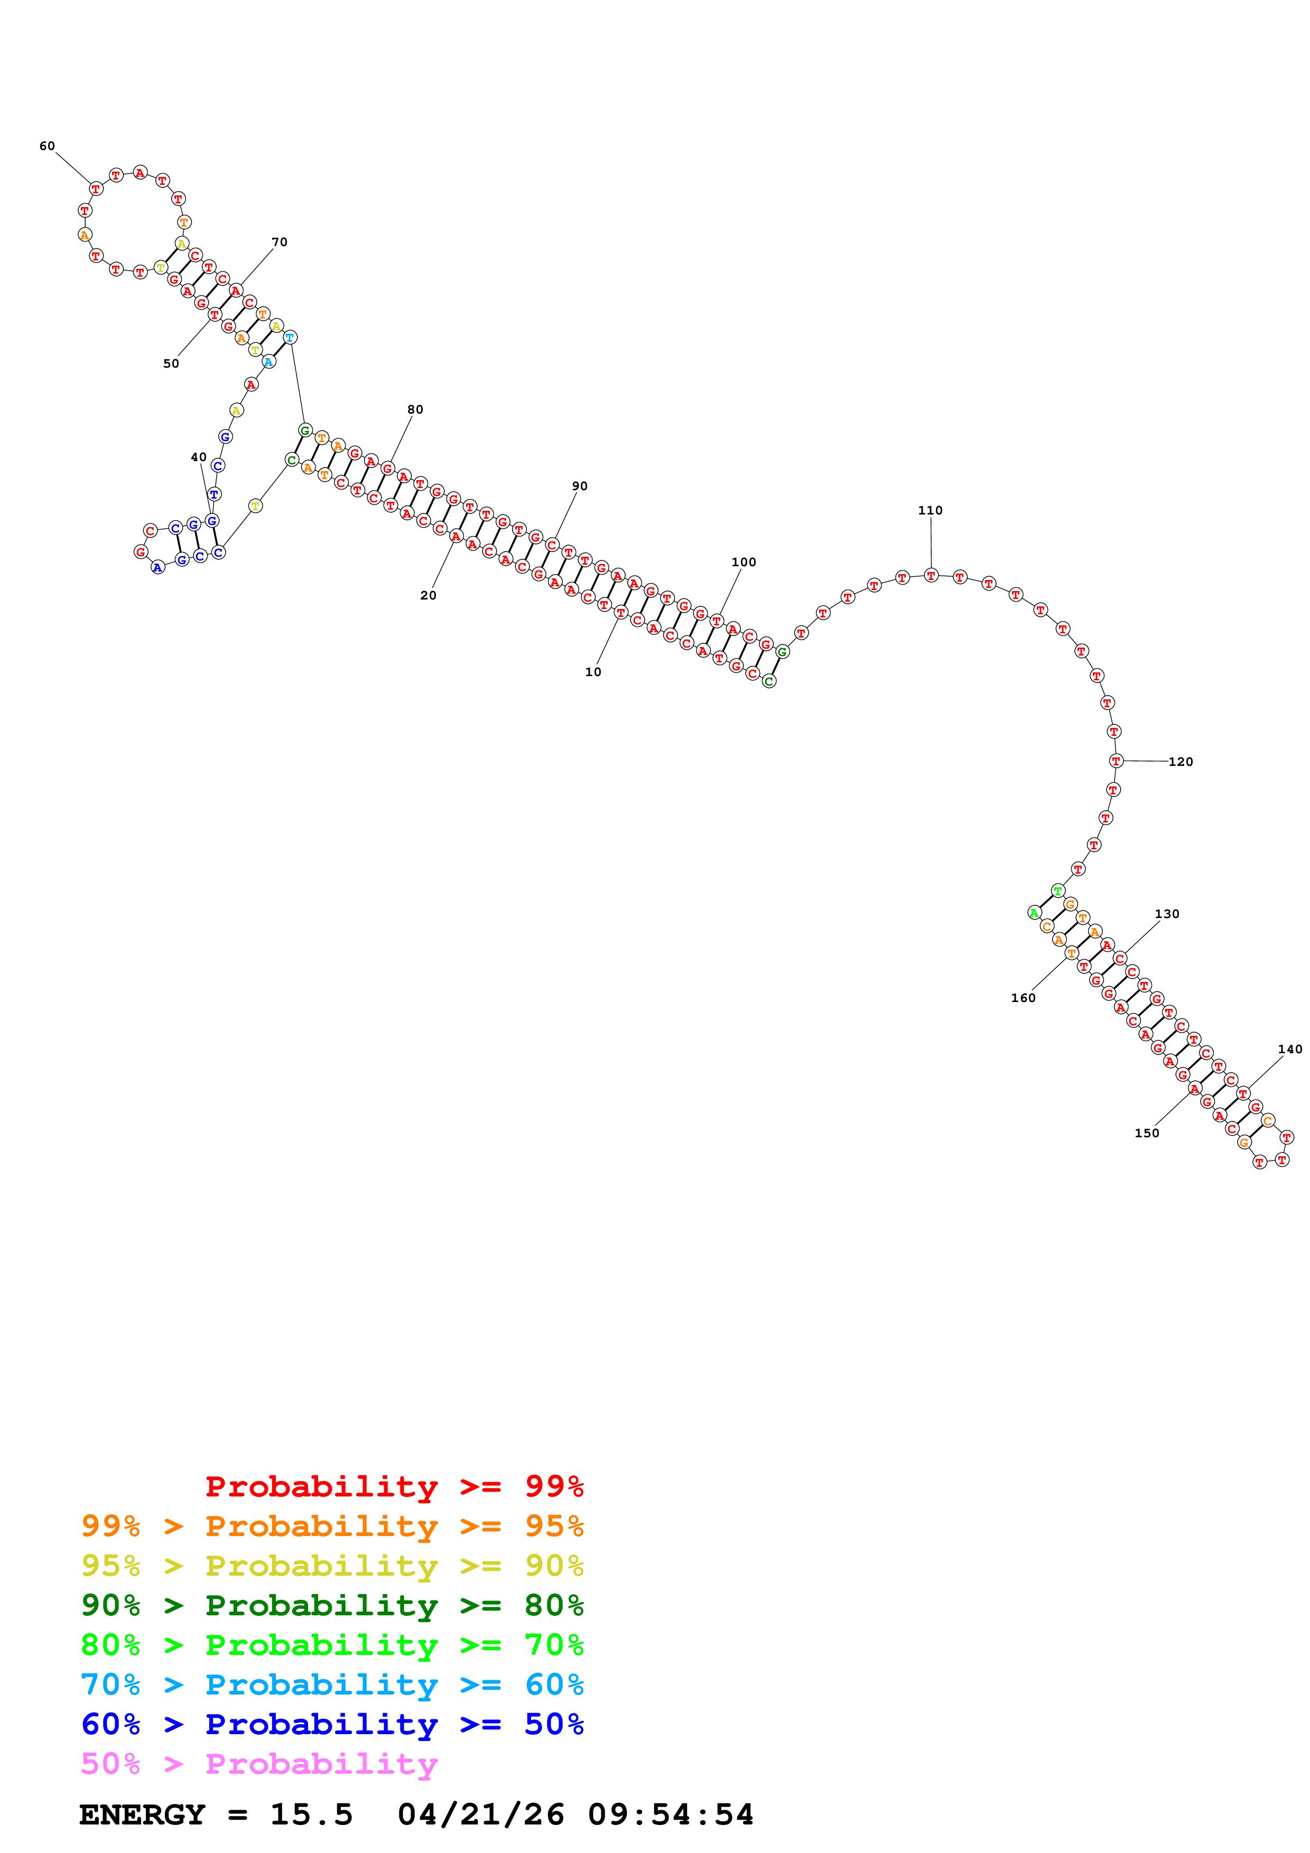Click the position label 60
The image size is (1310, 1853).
coord(47,146)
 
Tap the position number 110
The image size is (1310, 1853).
coord(930,510)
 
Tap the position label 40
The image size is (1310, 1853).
coord(199,457)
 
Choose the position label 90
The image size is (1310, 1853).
coord(580,486)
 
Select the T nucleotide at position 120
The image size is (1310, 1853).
coord(1116,760)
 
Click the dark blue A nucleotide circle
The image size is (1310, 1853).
coord(157,567)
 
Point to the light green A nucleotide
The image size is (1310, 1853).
coord(1034,913)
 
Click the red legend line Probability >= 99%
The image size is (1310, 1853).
coord(394,1486)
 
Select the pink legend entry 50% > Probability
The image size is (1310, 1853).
coord(259,1763)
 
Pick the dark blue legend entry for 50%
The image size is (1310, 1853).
coord(332,1724)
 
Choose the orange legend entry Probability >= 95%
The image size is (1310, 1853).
coord(332,1526)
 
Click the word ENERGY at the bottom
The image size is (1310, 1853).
coord(142,1814)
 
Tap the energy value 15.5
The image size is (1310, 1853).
coord(311,1814)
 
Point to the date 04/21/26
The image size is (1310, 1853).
coord(481,1814)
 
